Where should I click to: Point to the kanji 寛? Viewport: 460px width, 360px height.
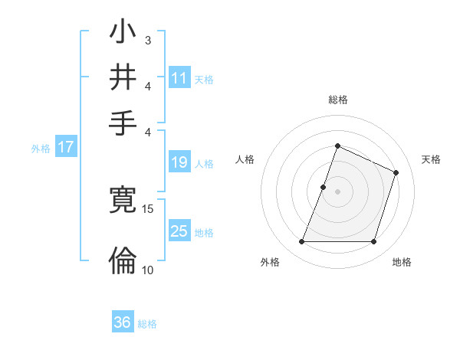click(122, 201)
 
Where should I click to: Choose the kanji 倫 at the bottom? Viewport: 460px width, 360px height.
click(122, 260)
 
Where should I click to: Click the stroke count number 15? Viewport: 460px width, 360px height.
click(148, 208)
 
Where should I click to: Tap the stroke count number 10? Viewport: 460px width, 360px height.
click(148, 270)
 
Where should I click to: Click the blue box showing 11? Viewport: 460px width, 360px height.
click(179, 77)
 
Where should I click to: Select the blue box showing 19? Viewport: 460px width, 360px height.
click(179, 162)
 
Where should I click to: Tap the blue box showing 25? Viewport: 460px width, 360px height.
click(179, 231)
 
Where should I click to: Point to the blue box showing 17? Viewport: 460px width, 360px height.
click(65, 147)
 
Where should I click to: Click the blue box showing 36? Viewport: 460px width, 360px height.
click(122, 322)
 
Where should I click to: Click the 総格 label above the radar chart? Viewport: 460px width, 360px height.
click(337, 100)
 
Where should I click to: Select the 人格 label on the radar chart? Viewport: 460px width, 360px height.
click(245, 159)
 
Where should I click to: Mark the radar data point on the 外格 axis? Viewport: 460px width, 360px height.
click(301, 242)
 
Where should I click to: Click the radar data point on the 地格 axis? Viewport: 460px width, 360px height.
click(374, 242)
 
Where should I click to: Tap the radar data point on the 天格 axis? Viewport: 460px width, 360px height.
click(396, 173)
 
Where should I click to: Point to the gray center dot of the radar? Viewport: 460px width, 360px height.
click(337, 191)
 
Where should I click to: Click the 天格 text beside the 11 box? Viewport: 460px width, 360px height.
click(204, 79)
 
